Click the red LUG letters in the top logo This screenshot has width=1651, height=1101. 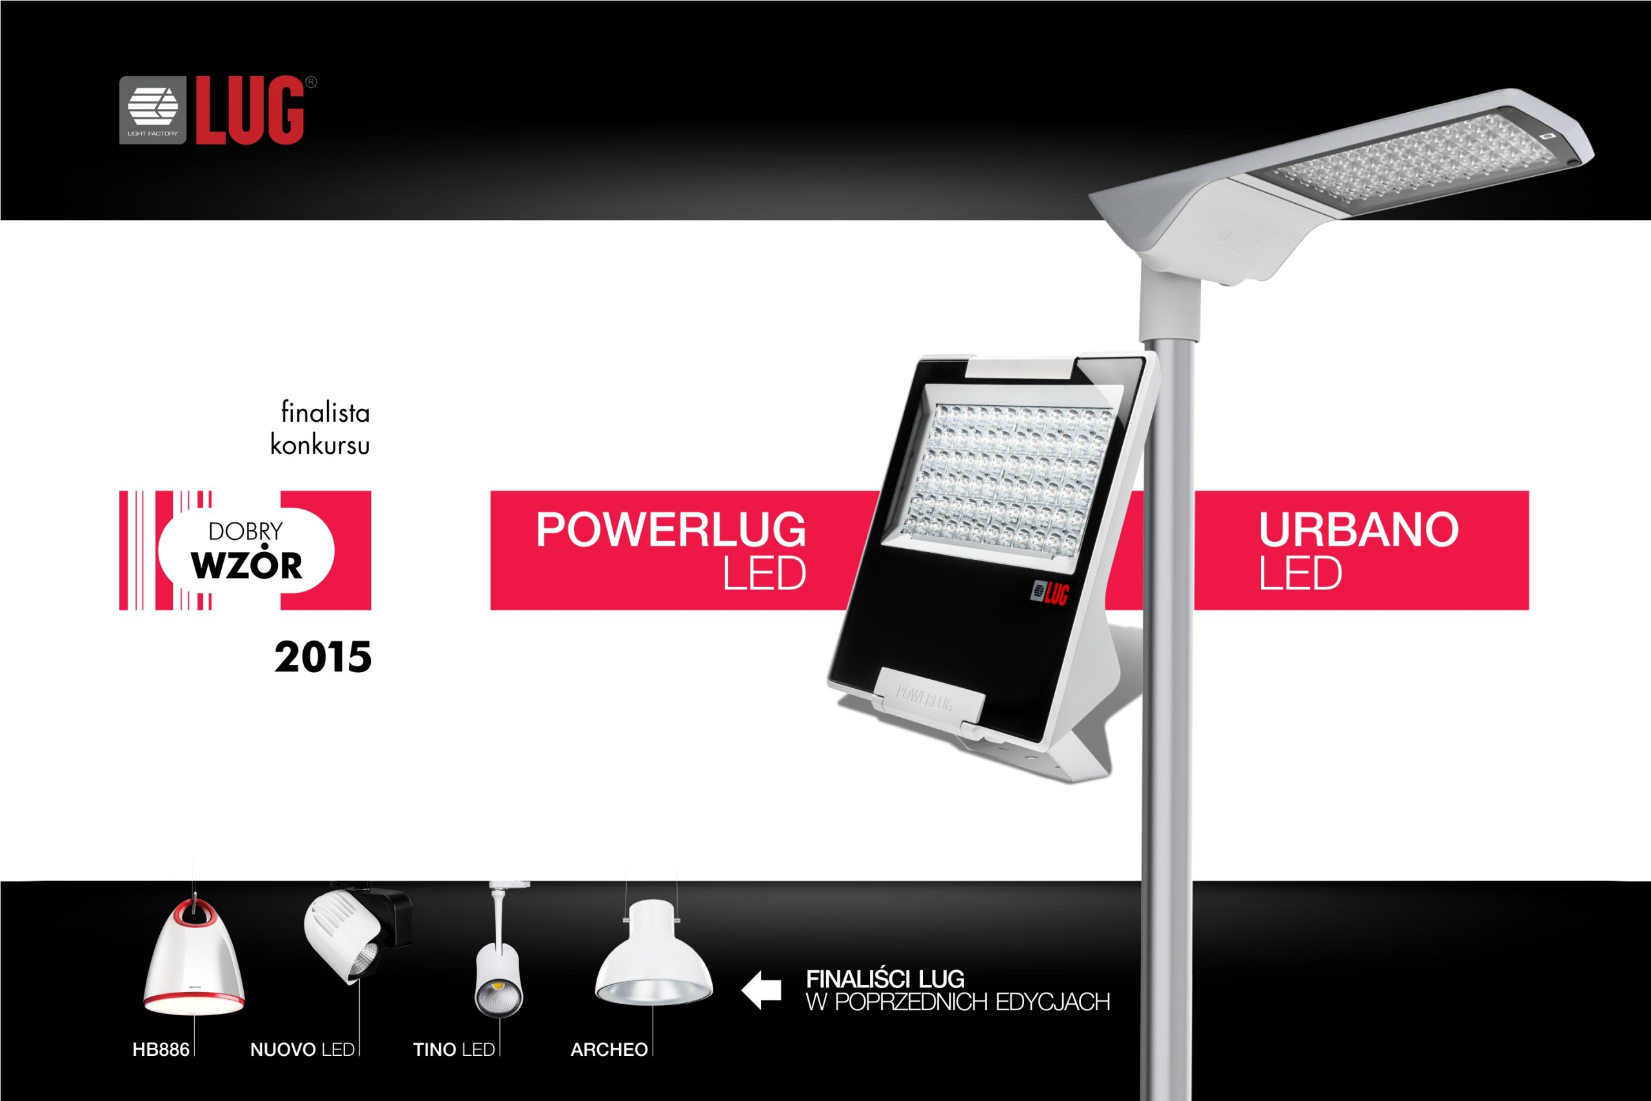(x=250, y=110)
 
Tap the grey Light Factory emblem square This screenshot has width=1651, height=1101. (x=153, y=110)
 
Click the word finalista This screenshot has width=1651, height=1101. (x=325, y=412)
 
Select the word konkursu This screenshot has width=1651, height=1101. (x=320, y=444)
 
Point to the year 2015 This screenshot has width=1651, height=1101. (x=323, y=657)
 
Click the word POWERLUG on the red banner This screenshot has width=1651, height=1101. (x=671, y=530)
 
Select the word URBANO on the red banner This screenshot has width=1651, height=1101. (x=1358, y=530)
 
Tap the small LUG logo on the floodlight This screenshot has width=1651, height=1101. (x=1049, y=593)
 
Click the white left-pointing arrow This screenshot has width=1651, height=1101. (x=762, y=990)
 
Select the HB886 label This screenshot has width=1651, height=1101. (x=161, y=1050)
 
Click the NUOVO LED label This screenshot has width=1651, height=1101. (x=302, y=1050)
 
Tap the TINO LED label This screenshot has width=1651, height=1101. (x=454, y=1050)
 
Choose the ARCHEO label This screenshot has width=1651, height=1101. (x=609, y=1050)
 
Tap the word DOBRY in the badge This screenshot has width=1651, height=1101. (x=246, y=531)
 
